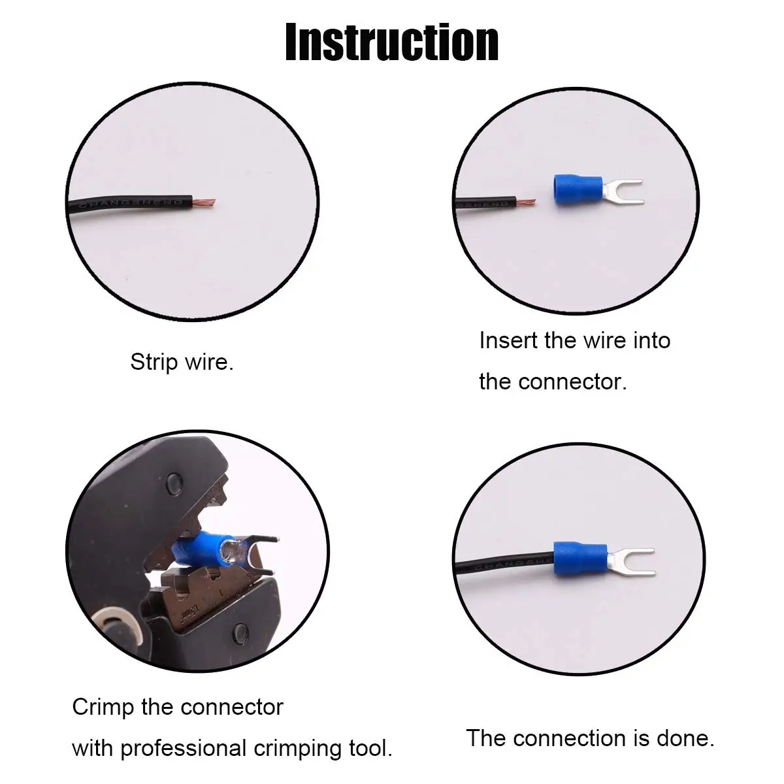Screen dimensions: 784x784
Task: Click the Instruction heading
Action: [x=392, y=42]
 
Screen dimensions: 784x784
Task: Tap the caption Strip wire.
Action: [x=182, y=362]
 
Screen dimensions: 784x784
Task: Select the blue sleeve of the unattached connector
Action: [x=572, y=190]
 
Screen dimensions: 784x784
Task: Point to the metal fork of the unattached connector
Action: [x=621, y=191]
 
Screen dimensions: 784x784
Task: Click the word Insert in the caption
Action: [x=508, y=340]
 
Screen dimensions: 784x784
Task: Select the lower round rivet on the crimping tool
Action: [x=240, y=632]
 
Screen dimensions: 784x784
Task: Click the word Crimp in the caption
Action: [x=103, y=708]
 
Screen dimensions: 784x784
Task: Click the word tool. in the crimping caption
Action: [x=369, y=749]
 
